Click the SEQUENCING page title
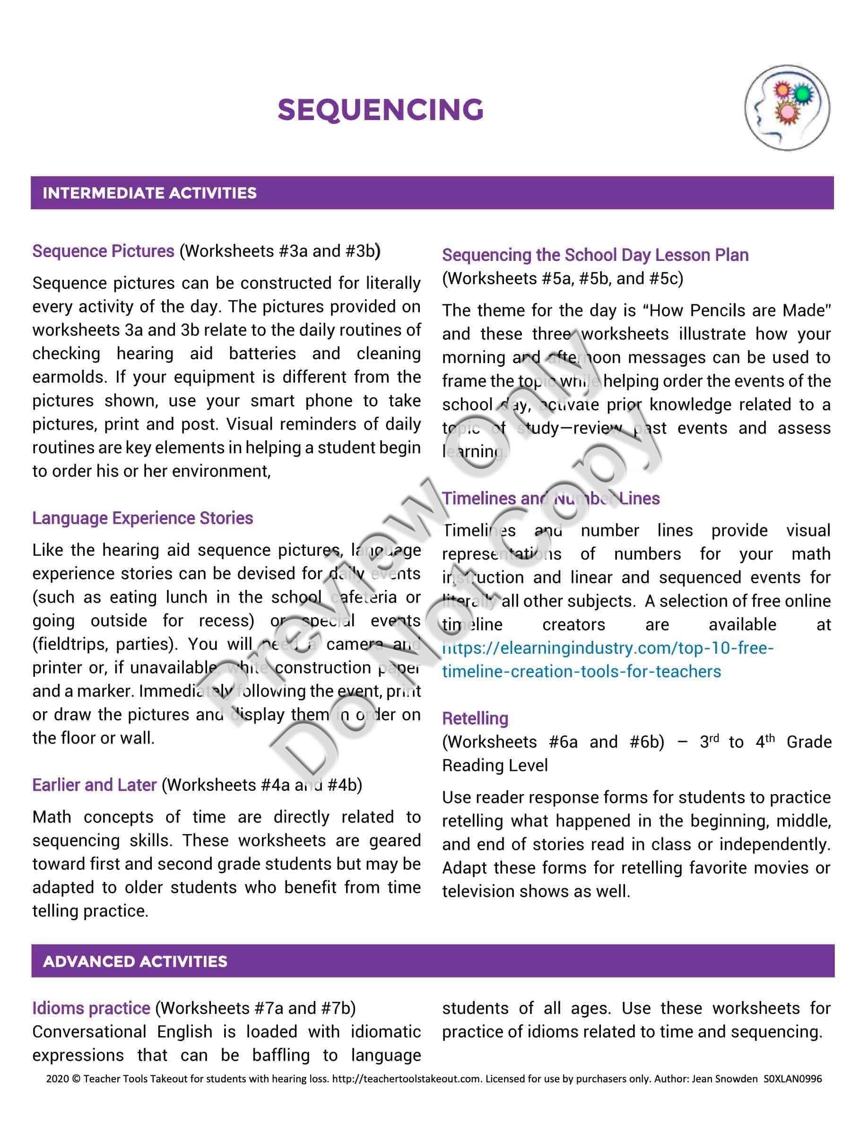click(381, 110)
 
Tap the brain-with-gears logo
click(787, 108)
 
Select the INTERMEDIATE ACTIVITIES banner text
click(149, 193)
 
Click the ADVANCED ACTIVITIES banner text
click(135, 961)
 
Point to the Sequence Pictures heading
click(104, 251)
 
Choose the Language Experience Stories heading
click(142, 518)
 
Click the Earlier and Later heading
click(94, 785)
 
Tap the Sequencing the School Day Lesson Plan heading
click(595, 255)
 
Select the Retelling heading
click(475, 718)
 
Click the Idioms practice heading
click(91, 1008)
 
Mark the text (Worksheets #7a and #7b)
click(255, 1008)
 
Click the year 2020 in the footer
click(57, 1078)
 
